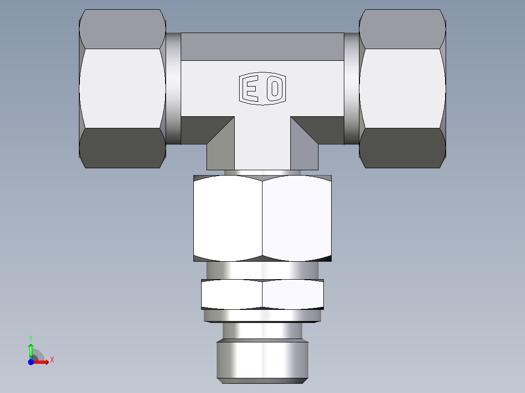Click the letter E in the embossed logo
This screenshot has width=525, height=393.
(x=250, y=89)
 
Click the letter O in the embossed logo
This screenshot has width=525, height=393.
(x=275, y=89)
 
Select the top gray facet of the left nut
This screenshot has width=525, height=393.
(x=122, y=29)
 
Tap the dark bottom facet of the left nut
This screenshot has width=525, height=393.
(x=122, y=148)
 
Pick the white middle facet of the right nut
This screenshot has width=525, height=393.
(x=402, y=89)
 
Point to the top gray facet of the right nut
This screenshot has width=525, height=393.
(x=402, y=29)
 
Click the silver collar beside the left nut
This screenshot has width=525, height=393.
(x=173, y=89)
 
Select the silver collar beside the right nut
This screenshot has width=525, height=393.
(x=351, y=89)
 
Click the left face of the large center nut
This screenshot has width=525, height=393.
(x=228, y=218)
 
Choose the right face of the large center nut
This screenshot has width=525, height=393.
(x=297, y=218)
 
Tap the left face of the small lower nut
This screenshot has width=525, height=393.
(x=232, y=294)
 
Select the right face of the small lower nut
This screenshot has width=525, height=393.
(x=293, y=294)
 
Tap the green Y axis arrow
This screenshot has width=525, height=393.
(x=31, y=348)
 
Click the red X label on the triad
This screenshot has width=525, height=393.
(x=52, y=360)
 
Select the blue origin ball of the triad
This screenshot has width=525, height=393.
(x=31, y=361)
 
